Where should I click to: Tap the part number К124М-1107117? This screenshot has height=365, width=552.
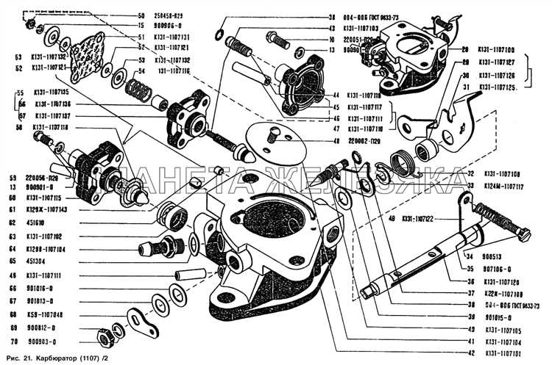(504, 187)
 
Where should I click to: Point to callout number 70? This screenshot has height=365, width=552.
(12, 342)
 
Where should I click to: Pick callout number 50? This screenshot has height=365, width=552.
(141, 15)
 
